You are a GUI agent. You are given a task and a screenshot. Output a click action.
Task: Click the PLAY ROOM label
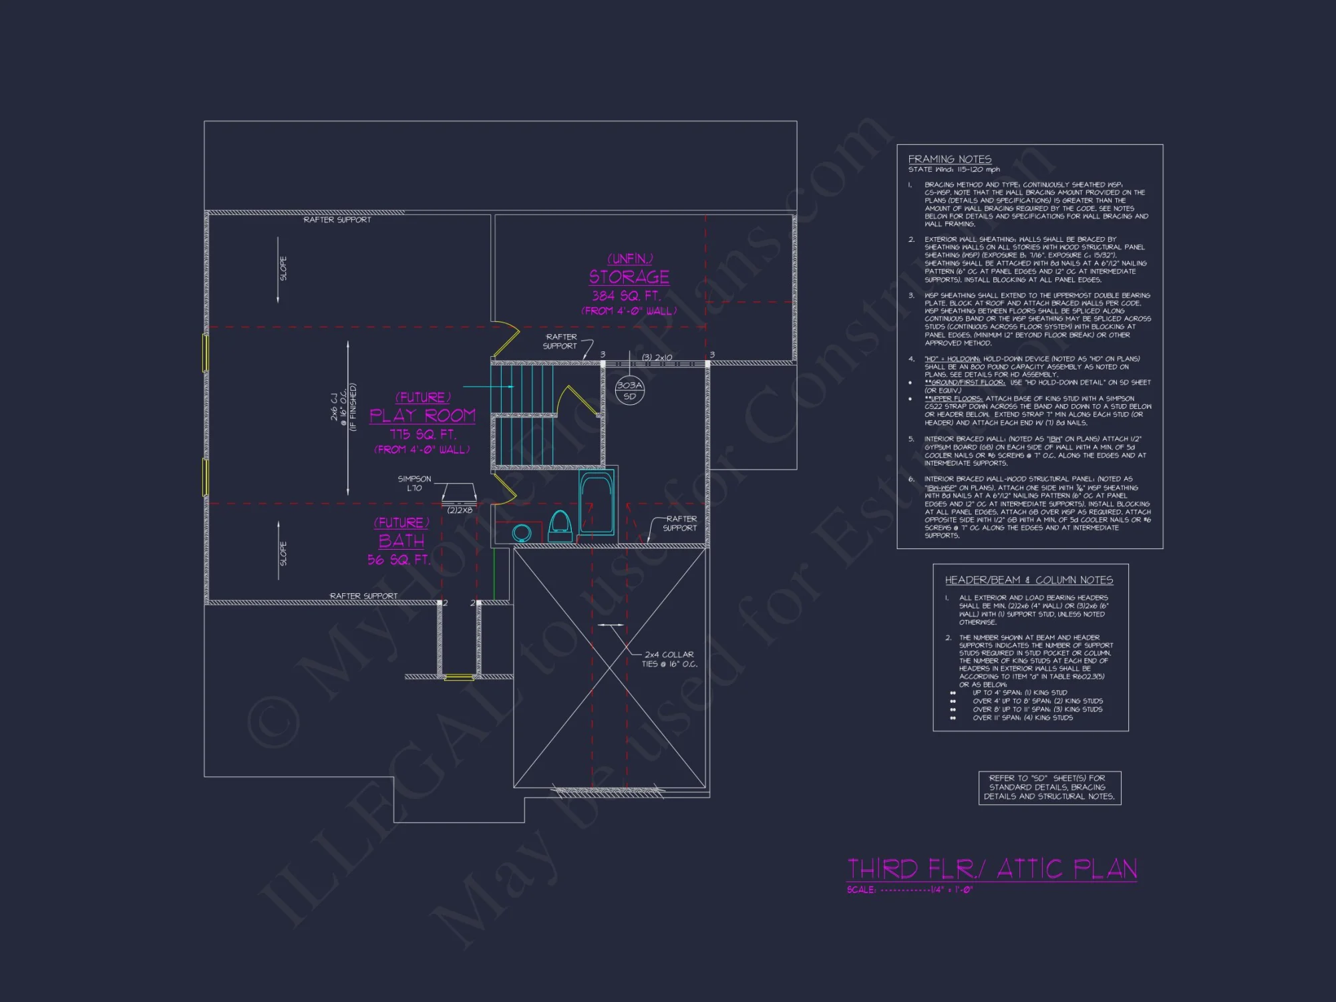pyautogui.click(x=422, y=415)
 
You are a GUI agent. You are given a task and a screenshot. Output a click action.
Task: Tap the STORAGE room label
pyautogui.click(x=629, y=277)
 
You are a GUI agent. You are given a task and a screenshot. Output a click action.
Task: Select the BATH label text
pyautogui.click(x=401, y=541)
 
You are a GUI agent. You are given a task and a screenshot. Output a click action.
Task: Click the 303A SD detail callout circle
pyautogui.click(x=629, y=390)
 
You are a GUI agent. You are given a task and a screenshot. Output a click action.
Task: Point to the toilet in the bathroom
pyautogui.click(x=560, y=526)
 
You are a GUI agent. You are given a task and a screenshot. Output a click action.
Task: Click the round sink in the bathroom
pyautogui.click(x=522, y=532)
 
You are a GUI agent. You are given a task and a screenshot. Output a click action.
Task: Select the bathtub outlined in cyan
pyautogui.click(x=596, y=502)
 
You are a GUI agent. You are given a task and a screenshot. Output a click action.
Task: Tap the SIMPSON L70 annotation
pyautogui.click(x=414, y=483)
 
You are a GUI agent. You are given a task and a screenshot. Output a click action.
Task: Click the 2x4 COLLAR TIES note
pyautogui.click(x=669, y=659)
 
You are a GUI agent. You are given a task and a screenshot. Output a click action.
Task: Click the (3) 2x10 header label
pyautogui.click(x=657, y=357)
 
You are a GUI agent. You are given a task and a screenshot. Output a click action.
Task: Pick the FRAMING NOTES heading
pyautogui.click(x=949, y=159)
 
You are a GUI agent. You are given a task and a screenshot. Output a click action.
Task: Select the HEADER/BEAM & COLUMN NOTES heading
pyautogui.click(x=1028, y=580)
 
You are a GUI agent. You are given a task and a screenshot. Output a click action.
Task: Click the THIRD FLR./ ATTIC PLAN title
pyautogui.click(x=991, y=869)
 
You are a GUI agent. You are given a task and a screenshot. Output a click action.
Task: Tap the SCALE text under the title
pyautogui.click(x=909, y=890)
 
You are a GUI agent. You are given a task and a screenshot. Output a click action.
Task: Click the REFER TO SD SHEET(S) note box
pyautogui.click(x=1049, y=787)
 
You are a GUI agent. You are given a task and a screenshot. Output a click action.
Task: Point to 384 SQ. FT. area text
pyautogui.click(x=626, y=295)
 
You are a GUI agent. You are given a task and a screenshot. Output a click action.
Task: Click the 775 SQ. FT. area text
pyautogui.click(x=423, y=434)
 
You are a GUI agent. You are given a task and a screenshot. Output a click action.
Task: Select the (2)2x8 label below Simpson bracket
pyautogui.click(x=460, y=510)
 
